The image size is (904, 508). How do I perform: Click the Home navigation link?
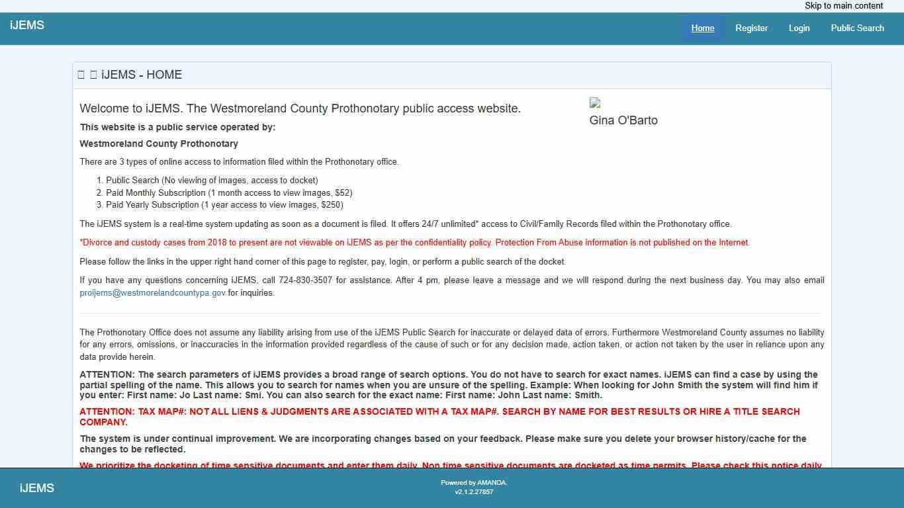pyautogui.click(x=703, y=28)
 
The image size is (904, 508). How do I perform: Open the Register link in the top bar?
pyautogui.click(x=752, y=28)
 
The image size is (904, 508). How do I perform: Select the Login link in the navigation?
pyautogui.click(x=799, y=28)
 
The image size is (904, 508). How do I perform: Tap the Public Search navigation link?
pyautogui.click(x=857, y=28)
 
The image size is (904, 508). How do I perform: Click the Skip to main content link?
pyautogui.click(x=844, y=6)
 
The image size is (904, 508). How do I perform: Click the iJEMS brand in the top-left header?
pyautogui.click(x=27, y=26)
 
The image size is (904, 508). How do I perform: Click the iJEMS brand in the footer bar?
pyautogui.click(x=37, y=488)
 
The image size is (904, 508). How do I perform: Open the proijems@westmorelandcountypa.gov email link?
pyautogui.click(x=153, y=293)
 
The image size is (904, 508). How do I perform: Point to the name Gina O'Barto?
pyautogui.click(x=623, y=120)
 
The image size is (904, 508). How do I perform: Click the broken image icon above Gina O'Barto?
pyautogui.click(x=595, y=103)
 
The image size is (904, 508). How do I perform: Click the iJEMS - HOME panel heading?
pyautogui.click(x=142, y=75)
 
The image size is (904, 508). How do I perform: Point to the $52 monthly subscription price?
pyautogui.click(x=343, y=193)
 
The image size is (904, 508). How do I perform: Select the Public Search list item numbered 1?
pyautogui.click(x=212, y=181)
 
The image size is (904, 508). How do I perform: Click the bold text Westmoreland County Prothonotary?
pyautogui.click(x=159, y=144)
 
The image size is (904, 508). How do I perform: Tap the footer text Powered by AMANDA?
pyautogui.click(x=474, y=483)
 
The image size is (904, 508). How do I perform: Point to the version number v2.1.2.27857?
pyautogui.click(x=474, y=492)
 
